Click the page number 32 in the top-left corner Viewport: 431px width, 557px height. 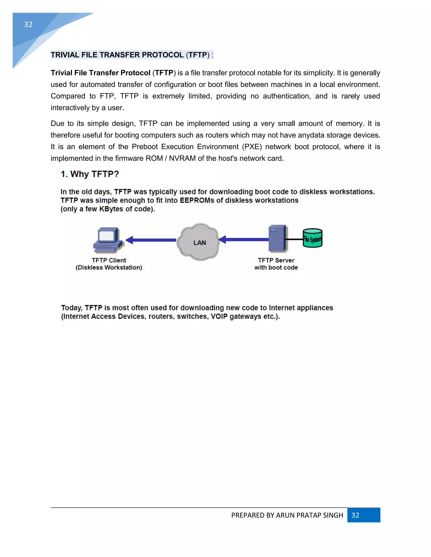point(28,24)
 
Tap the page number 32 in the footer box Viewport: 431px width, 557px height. point(355,515)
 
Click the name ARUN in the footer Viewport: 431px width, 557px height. point(286,515)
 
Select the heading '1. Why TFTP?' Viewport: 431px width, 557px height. point(90,174)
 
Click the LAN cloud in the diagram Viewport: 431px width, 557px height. point(200,242)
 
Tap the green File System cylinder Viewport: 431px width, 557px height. point(312,238)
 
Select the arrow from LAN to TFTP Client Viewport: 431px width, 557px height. point(151,240)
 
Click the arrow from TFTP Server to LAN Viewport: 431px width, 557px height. point(244,239)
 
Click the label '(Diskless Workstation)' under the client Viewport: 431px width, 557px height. point(109,268)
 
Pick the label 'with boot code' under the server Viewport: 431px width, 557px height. point(276,268)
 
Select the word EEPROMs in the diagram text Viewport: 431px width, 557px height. point(197,201)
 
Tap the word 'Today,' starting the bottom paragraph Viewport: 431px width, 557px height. point(72,308)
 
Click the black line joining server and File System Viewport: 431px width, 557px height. point(294,239)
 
